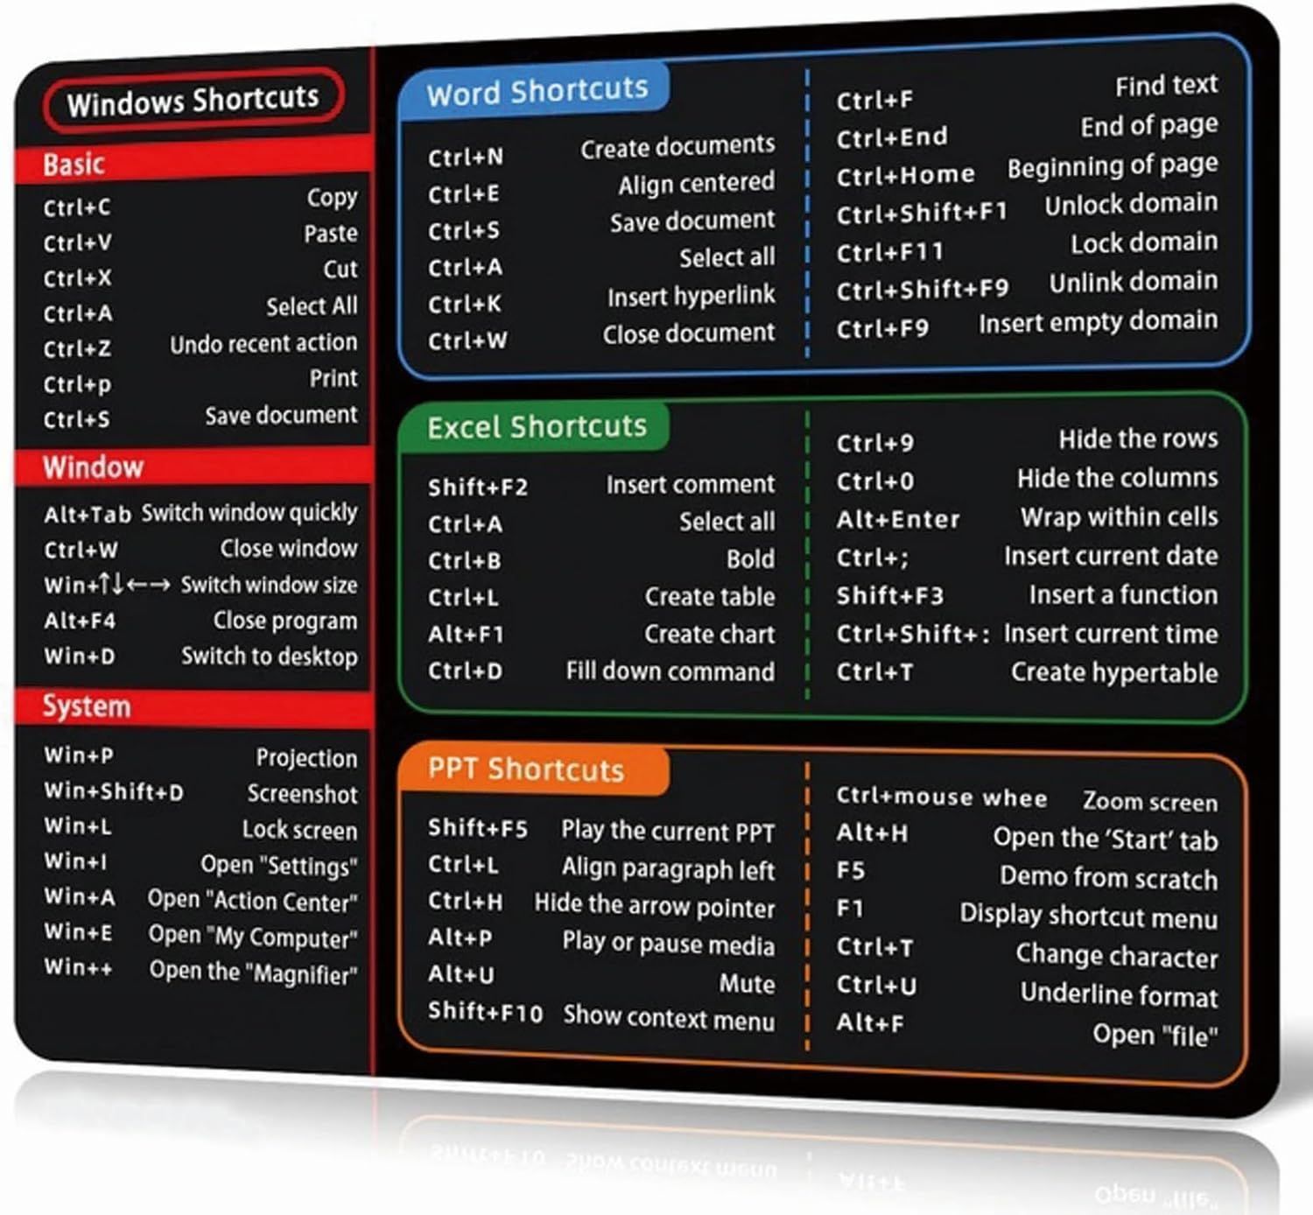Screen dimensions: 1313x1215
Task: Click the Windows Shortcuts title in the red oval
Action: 193,100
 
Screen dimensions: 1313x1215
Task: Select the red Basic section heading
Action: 74,164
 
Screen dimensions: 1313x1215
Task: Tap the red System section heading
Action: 87,706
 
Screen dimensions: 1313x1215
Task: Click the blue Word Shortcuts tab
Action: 537,91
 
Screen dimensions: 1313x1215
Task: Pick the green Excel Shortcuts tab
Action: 537,426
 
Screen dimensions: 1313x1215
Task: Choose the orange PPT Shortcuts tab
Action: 525,769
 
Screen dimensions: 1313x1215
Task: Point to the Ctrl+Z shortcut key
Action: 77,348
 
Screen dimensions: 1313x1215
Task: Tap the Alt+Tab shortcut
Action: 88,514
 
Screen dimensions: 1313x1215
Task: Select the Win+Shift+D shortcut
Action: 114,791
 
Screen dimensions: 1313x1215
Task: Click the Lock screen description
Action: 299,830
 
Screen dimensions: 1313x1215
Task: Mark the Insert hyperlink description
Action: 691,296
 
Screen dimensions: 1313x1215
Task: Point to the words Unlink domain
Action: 1134,283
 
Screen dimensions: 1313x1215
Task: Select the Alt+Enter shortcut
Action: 898,519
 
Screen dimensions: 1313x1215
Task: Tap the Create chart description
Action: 709,635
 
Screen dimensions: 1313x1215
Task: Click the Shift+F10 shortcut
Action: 485,1012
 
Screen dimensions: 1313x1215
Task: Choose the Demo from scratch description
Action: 1108,878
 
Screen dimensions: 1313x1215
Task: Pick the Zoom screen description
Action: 1149,802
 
